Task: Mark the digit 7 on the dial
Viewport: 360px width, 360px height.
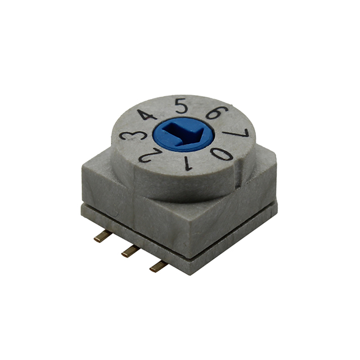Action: (x=239, y=135)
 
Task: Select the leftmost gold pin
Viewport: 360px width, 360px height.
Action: (x=102, y=236)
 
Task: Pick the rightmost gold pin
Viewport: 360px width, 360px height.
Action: (x=159, y=265)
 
